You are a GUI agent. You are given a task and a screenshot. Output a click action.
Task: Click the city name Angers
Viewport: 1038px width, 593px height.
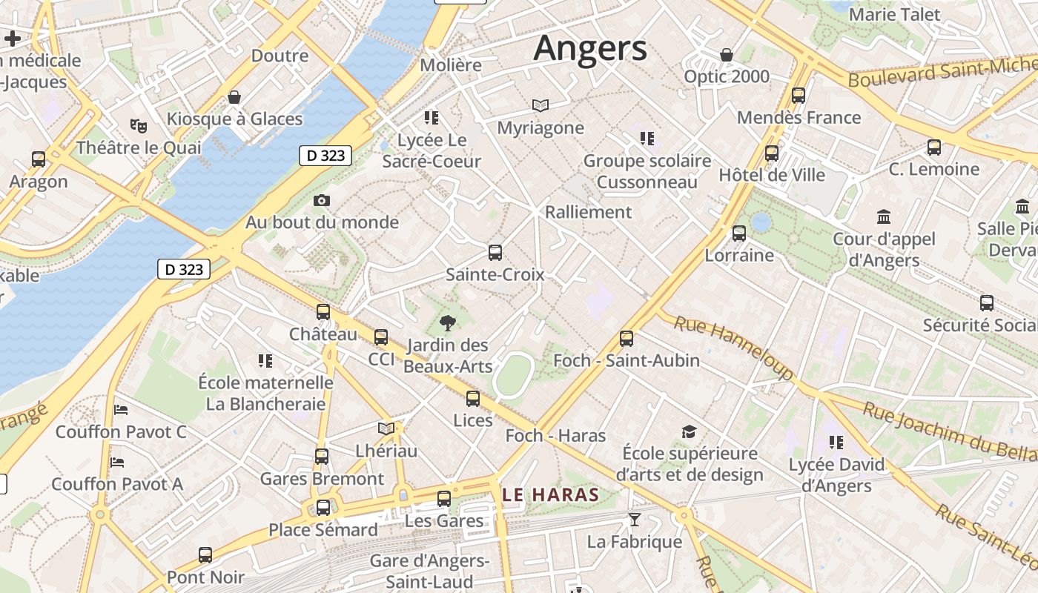[x=590, y=49]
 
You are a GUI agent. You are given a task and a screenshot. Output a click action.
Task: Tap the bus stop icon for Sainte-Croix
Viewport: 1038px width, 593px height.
[x=495, y=252]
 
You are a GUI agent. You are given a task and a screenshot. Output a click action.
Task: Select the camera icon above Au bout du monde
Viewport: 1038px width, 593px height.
[x=322, y=200]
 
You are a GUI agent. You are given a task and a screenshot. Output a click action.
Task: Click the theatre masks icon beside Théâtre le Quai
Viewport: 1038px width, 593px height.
[x=138, y=125]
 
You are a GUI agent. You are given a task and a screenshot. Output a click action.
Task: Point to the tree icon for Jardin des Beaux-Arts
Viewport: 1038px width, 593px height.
[x=447, y=322]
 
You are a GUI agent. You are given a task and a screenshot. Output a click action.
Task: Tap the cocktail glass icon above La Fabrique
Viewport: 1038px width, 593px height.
[x=634, y=519]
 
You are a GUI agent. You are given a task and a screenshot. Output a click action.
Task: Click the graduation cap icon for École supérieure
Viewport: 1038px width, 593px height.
[x=690, y=431]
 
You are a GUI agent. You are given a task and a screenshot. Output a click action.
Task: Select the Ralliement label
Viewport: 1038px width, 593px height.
[x=588, y=212]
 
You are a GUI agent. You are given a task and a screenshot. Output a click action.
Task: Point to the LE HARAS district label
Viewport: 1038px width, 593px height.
[x=551, y=494]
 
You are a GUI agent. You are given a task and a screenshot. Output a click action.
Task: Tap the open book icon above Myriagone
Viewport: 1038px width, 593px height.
[x=541, y=106]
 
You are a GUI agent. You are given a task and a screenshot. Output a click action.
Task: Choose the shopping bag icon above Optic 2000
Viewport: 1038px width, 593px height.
[x=727, y=55]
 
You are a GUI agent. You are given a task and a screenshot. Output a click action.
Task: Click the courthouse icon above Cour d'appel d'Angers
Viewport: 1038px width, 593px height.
[x=884, y=217]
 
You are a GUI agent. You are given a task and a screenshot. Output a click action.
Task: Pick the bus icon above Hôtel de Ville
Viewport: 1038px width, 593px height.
[x=772, y=153]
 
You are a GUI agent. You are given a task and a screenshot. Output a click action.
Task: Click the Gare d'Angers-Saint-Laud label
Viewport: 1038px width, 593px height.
[x=429, y=571]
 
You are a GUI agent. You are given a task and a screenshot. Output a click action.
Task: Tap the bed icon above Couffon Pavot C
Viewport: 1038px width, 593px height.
[x=121, y=409]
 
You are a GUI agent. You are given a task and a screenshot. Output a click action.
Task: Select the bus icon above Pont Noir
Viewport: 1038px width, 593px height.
[x=205, y=554]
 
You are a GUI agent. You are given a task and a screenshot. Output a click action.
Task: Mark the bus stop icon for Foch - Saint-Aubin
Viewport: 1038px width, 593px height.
[x=627, y=339]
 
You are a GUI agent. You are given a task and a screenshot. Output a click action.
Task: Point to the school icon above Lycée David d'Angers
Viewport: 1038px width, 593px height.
[x=836, y=443]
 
